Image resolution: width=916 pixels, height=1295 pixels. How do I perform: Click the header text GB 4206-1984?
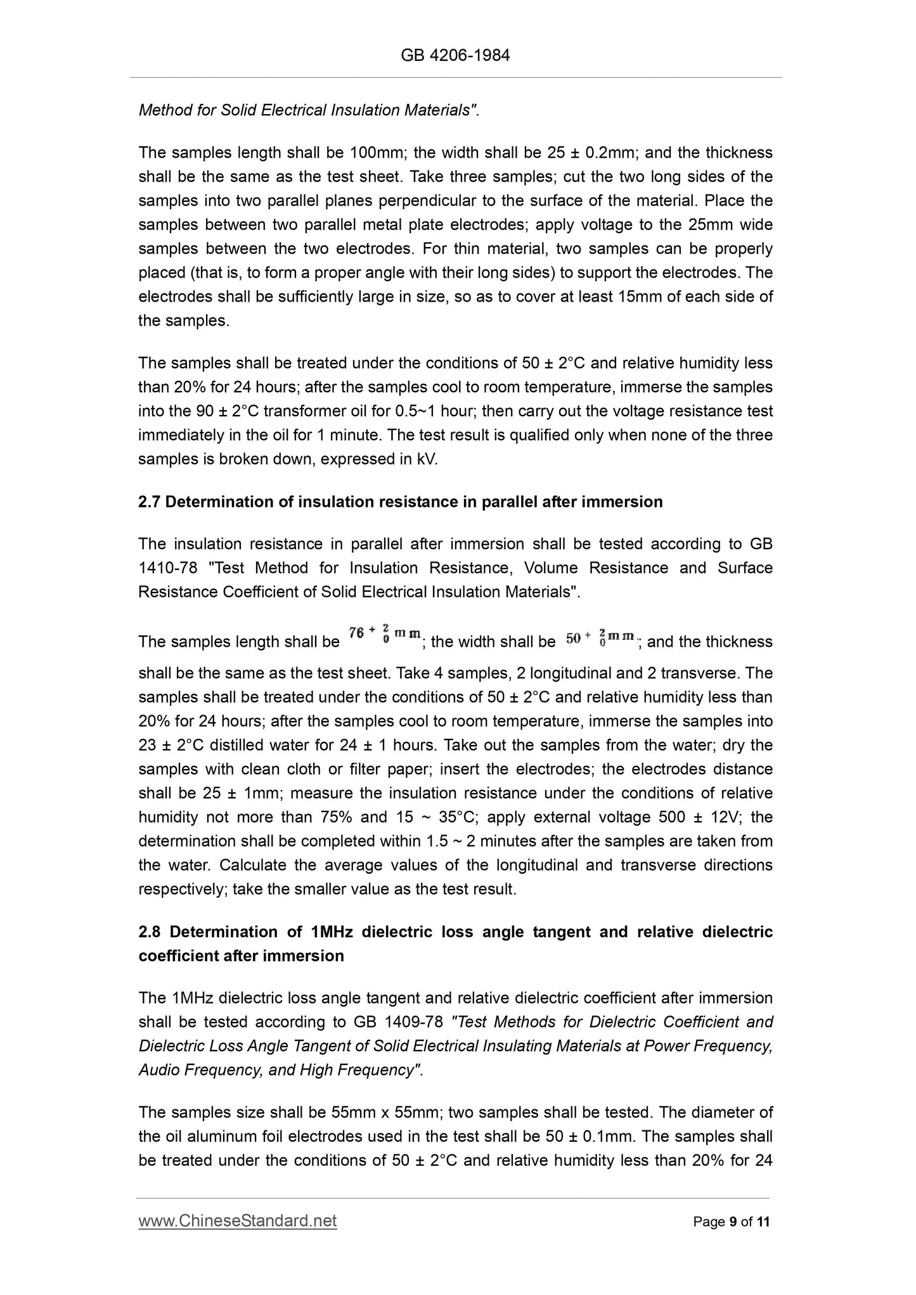tap(455, 56)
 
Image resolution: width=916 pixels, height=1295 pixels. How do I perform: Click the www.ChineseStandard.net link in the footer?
tap(238, 1221)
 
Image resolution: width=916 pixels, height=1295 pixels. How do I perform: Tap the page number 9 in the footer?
tap(733, 1222)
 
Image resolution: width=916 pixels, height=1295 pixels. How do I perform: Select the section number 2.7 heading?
tap(149, 502)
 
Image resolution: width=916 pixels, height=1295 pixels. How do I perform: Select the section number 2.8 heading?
tap(149, 931)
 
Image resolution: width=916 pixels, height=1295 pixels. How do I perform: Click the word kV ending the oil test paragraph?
tap(427, 459)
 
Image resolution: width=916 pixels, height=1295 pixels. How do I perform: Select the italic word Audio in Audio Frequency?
tap(158, 1070)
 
